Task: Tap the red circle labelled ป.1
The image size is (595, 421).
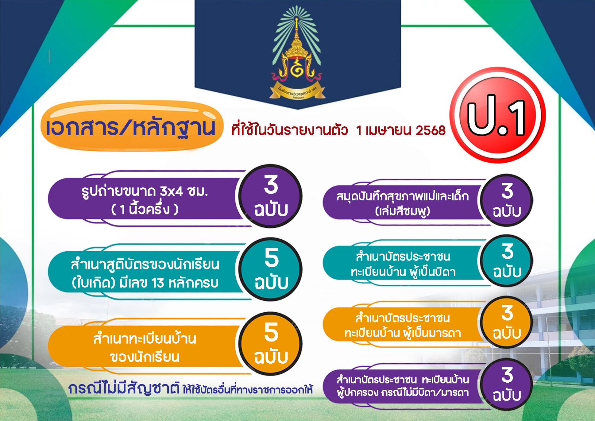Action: point(497,115)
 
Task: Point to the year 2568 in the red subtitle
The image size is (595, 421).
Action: point(431,130)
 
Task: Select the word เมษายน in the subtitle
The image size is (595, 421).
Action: point(388,130)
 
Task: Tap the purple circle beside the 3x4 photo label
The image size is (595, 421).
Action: point(271,196)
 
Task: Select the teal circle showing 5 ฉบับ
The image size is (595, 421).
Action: point(271,269)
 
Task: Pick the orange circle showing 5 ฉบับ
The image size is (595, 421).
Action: point(271,343)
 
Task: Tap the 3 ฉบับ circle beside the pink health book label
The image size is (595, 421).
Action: point(506,200)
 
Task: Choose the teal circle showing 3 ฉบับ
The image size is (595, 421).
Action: point(506,261)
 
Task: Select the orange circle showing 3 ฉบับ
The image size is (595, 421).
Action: point(506,322)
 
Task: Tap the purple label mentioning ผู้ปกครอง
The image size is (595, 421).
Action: point(403,386)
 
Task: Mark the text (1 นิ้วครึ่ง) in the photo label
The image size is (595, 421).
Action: point(145,210)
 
